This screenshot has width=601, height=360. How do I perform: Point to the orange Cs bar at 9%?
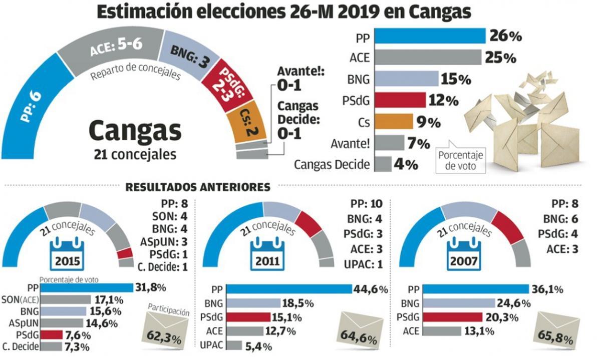(394, 122)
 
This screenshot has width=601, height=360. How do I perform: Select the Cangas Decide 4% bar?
(383, 164)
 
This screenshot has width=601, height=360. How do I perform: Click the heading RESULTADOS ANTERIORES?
(198, 187)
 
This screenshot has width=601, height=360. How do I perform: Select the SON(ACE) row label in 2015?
(22, 299)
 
